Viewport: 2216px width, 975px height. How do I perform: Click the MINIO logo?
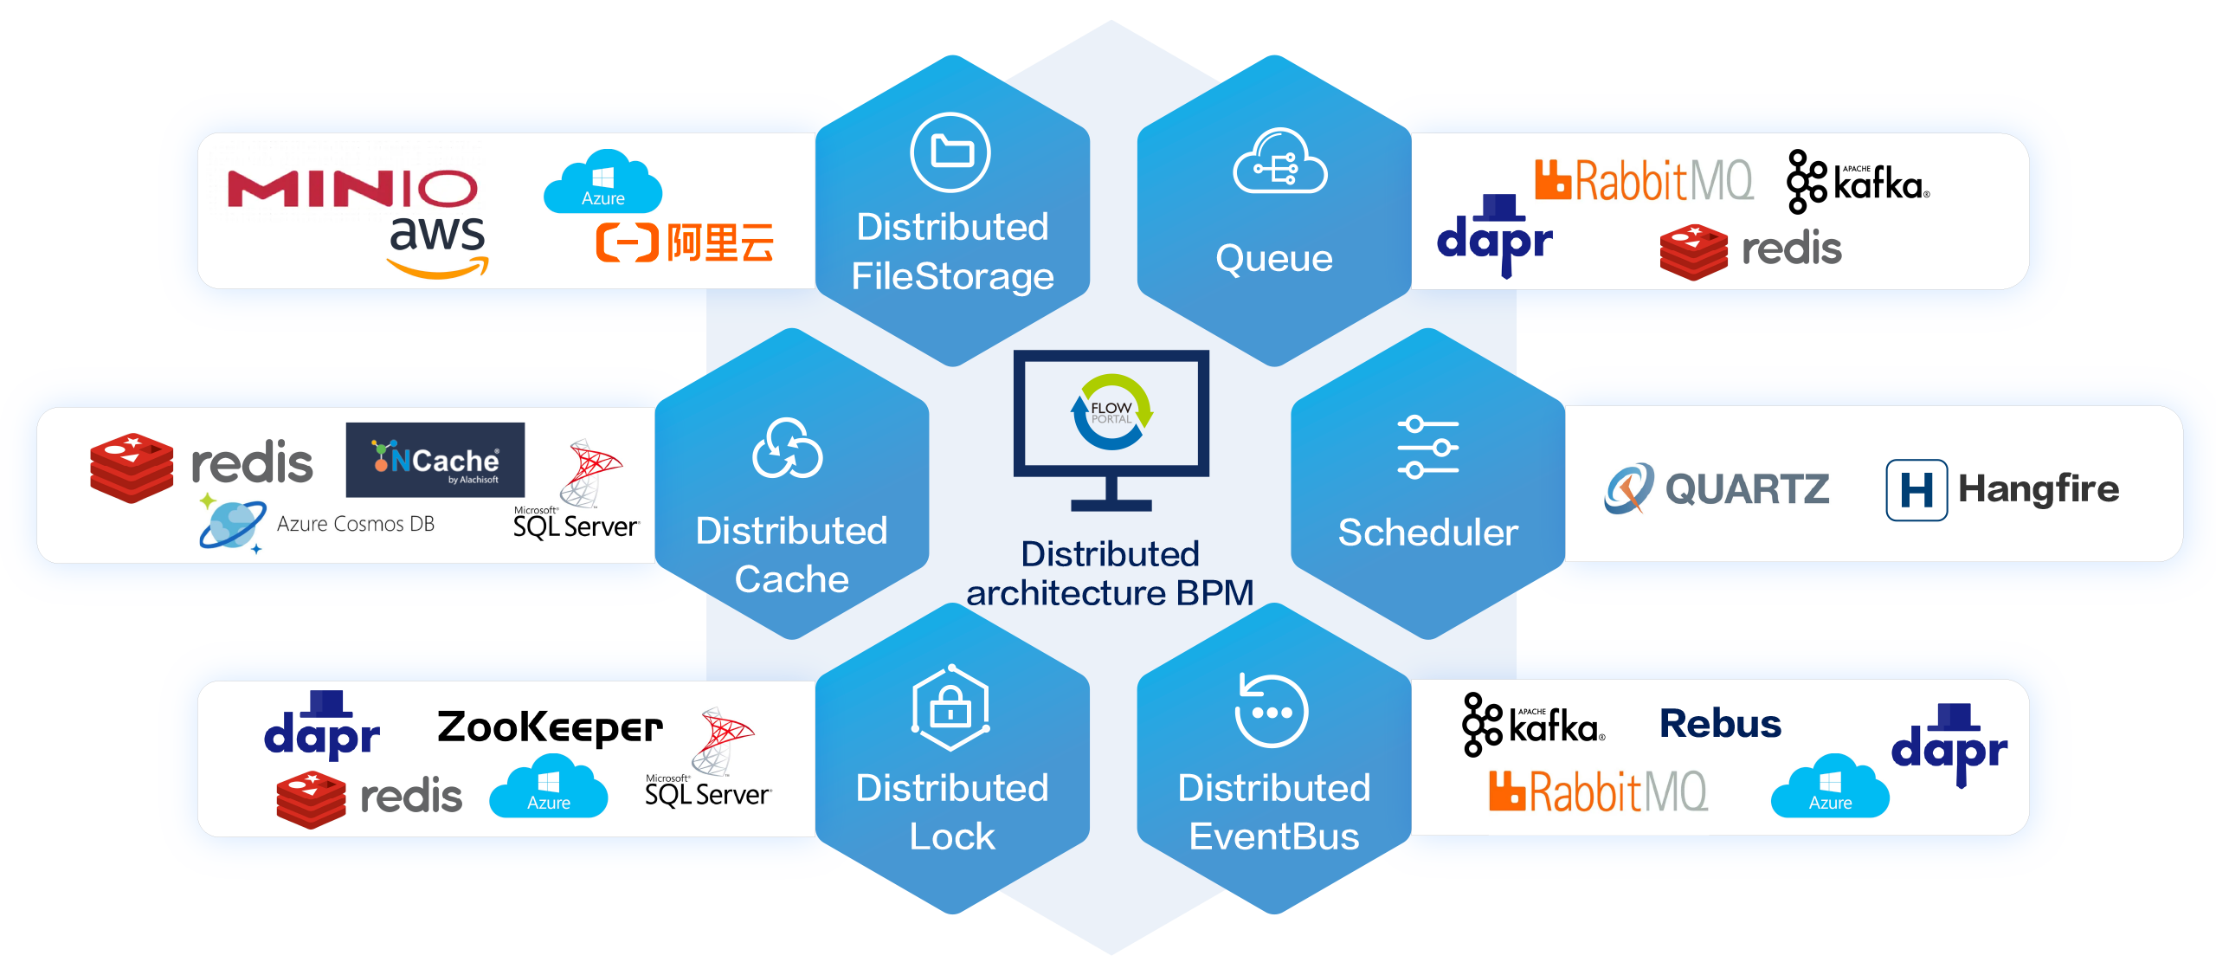point(351,189)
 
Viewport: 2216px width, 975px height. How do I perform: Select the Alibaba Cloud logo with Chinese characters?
point(685,242)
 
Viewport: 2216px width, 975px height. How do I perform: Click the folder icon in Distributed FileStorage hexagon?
point(950,152)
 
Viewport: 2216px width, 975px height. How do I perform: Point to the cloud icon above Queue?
point(1279,163)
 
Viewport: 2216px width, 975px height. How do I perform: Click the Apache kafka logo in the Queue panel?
point(1858,182)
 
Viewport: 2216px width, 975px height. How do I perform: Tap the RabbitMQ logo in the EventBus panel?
point(1598,791)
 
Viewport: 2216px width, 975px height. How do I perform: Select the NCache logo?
point(435,460)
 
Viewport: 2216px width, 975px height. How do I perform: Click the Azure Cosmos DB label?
point(355,524)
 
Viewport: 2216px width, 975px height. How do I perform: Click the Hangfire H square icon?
point(1916,490)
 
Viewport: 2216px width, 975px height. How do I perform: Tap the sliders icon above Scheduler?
point(1427,447)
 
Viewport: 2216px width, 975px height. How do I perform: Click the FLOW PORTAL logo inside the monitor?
point(1111,412)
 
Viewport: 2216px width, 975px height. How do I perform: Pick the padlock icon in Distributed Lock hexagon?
point(950,708)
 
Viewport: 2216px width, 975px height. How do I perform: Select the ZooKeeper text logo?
point(550,727)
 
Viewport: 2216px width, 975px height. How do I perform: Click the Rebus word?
point(1720,724)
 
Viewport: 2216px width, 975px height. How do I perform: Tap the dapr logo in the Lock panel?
point(322,727)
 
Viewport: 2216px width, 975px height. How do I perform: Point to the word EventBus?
point(1273,836)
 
